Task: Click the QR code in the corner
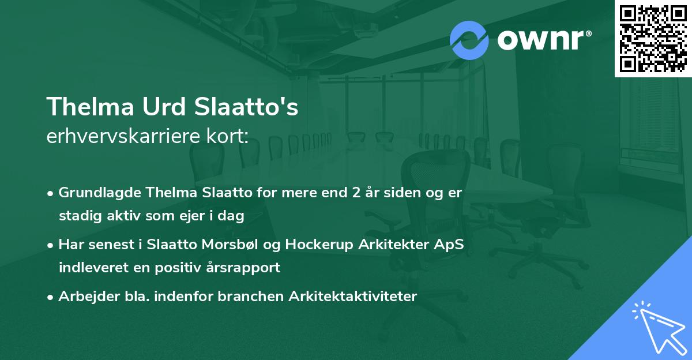653,39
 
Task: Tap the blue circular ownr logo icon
469,40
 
